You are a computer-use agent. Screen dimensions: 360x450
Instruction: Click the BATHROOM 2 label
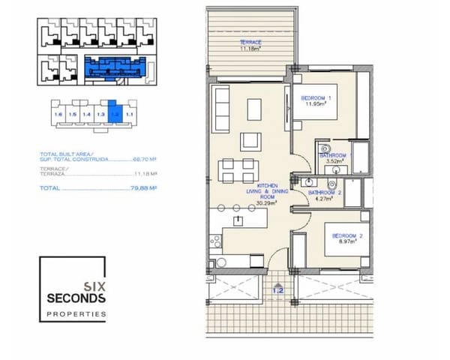[325, 195]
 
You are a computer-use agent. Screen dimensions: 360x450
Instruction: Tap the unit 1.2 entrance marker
[277, 289]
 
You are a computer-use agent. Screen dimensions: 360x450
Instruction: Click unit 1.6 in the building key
[58, 114]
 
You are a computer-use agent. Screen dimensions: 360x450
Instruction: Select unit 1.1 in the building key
[129, 114]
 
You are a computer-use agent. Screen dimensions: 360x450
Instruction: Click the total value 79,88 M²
[142, 189]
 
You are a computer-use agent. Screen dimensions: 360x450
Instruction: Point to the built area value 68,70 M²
[145, 159]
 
